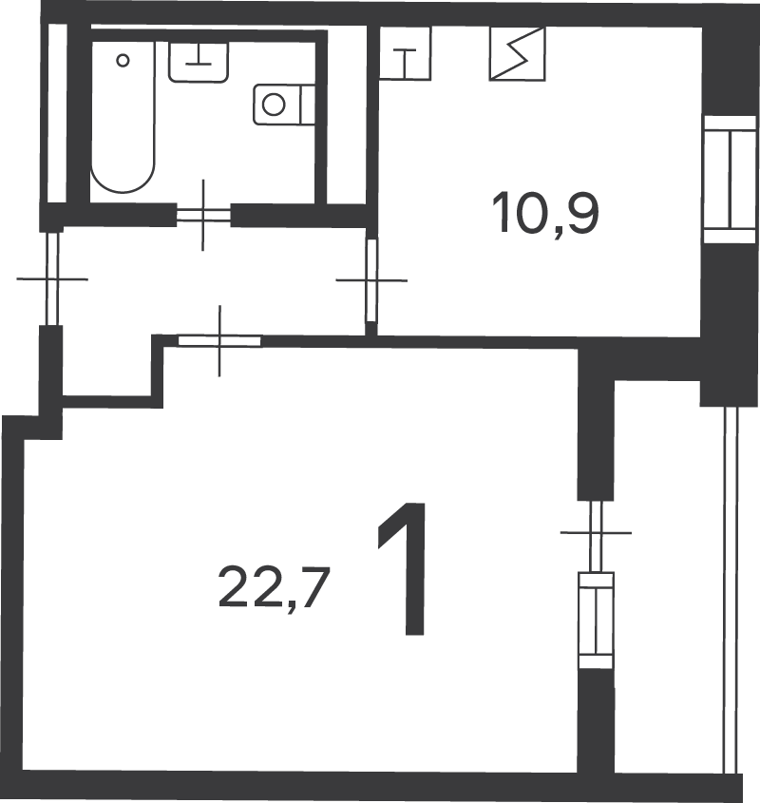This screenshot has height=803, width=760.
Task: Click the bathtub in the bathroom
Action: (123, 117)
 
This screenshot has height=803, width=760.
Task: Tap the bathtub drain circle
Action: (123, 61)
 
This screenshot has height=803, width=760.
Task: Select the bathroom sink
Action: (199, 62)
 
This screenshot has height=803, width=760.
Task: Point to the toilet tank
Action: (308, 105)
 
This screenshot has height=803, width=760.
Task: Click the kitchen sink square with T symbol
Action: (405, 53)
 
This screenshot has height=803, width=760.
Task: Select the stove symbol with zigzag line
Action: (517, 54)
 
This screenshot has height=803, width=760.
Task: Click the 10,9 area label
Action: (545, 212)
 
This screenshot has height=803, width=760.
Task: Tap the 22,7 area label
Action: (273, 587)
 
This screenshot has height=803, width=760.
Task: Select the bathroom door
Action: (203, 215)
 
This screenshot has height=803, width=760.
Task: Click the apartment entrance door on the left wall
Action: (52, 279)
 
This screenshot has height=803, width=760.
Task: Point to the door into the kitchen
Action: (371, 280)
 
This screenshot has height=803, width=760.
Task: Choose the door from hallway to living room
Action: (219, 340)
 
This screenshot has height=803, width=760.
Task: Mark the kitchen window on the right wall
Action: (731, 180)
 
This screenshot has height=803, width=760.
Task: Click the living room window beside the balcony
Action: (596, 621)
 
